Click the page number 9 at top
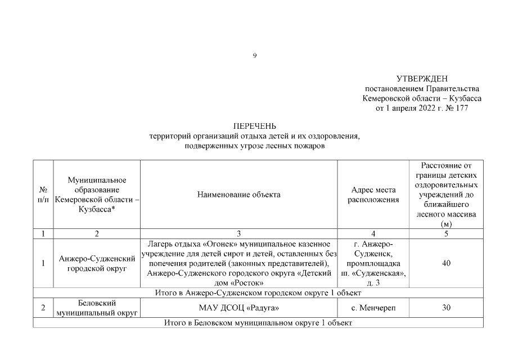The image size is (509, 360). pos(255,55)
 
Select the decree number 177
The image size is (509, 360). pos(462,108)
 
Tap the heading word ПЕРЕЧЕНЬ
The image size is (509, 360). pos(254,125)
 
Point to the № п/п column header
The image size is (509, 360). pos(42,195)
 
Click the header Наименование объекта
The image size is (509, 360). pos(238,195)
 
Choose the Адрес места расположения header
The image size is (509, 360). pos(373,195)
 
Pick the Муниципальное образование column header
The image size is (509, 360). pos(97,195)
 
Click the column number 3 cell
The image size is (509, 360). pos(238,234)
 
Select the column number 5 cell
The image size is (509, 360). pos(446,234)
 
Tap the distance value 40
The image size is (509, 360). pos(446,263)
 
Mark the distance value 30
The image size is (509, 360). pos(446,308)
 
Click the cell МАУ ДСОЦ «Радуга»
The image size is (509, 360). pos(238,308)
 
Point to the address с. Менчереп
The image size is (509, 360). pos(373,308)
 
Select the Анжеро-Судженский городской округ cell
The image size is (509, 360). pos(97,263)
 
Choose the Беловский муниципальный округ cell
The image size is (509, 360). pos(97,308)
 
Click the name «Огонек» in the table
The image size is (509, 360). pos(222,244)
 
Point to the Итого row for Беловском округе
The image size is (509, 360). pos(258,323)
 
